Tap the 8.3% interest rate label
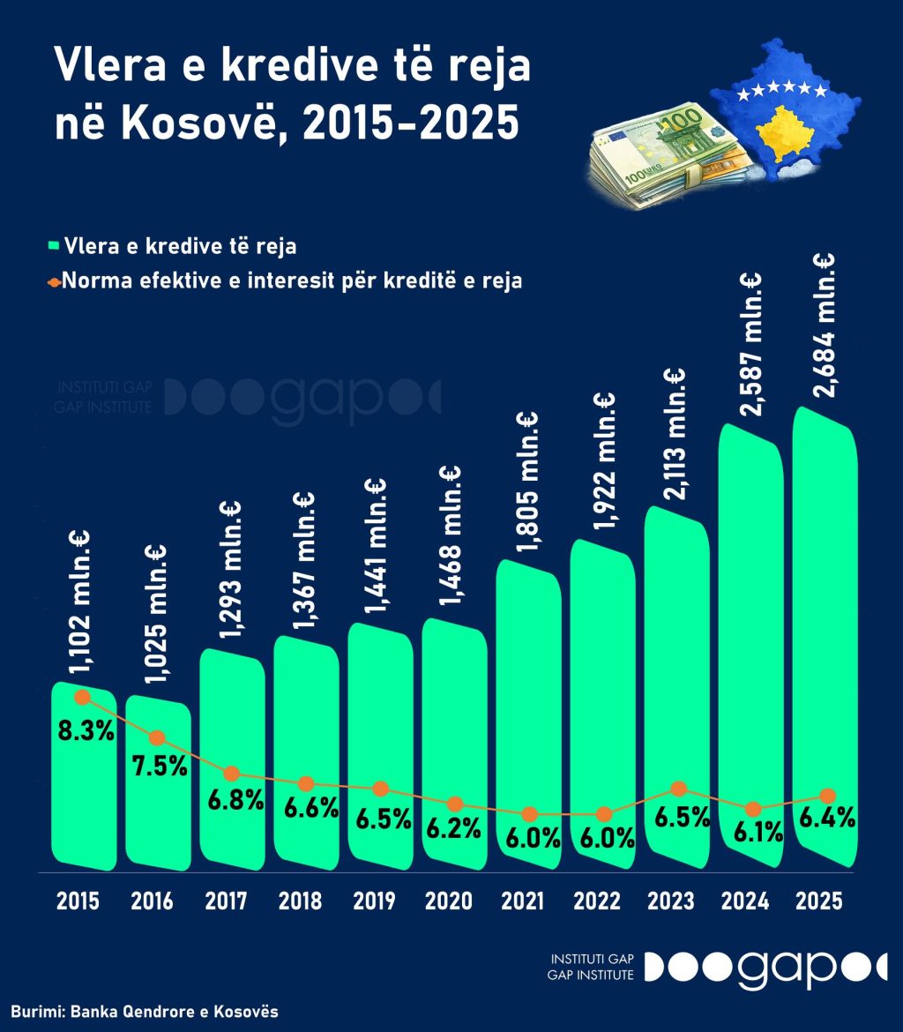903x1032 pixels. (85, 731)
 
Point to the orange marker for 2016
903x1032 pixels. (158, 737)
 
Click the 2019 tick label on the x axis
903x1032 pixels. (374, 901)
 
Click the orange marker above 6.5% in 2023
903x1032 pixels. (678, 789)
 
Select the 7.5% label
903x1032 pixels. (159, 766)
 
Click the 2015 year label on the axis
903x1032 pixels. (78, 901)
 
